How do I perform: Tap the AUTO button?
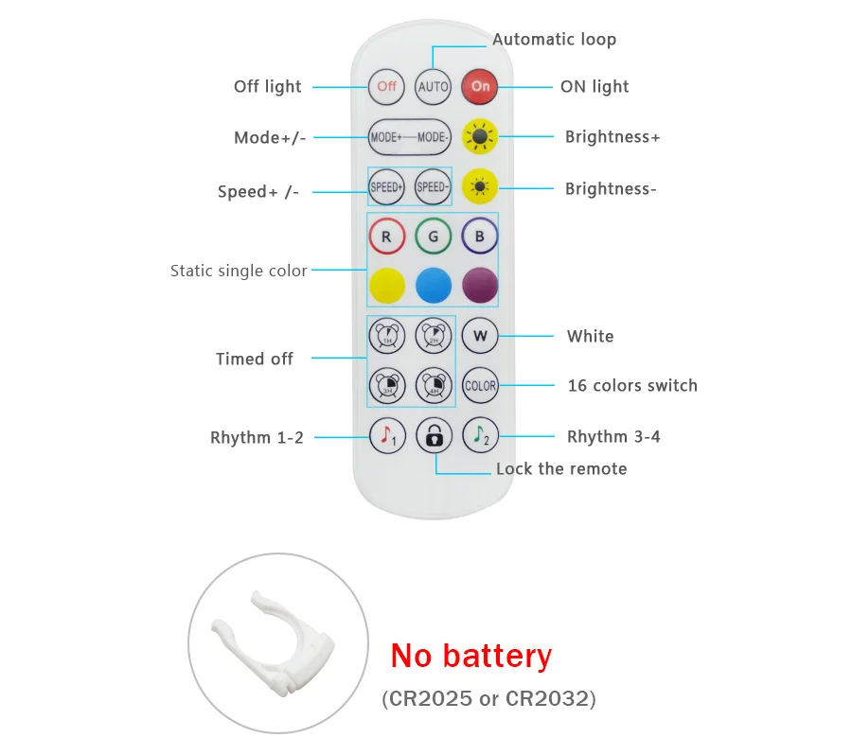[434, 86]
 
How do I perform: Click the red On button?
[480, 86]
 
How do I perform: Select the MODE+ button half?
[387, 137]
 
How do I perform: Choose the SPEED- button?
[433, 186]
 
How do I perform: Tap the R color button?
[386, 237]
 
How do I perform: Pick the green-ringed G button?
[434, 237]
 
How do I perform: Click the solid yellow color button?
[386, 285]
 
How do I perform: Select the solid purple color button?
[480, 285]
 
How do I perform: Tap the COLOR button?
[480, 385]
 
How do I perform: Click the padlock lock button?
[434, 435]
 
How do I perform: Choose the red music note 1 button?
[386, 435]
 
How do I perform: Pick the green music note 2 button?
[480, 435]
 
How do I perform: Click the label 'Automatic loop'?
[554, 40]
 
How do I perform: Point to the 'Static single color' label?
[239, 271]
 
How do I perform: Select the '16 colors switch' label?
[632, 385]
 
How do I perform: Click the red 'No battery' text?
[470, 656]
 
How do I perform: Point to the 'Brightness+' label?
[612, 137]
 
